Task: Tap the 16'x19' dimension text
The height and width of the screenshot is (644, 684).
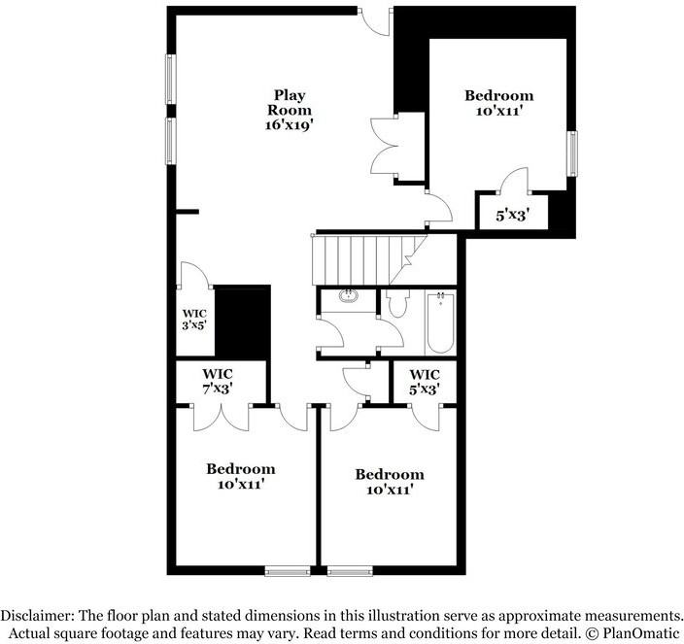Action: point(289,125)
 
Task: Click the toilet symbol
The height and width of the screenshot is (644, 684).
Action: point(396,304)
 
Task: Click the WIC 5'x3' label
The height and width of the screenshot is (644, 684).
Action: point(424,381)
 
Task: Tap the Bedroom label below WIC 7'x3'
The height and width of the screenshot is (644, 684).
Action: point(240,475)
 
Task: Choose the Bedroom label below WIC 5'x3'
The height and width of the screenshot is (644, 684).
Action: point(389,482)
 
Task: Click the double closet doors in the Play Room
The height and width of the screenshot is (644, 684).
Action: point(386,146)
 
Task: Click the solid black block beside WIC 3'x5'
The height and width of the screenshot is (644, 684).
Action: point(241,323)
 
